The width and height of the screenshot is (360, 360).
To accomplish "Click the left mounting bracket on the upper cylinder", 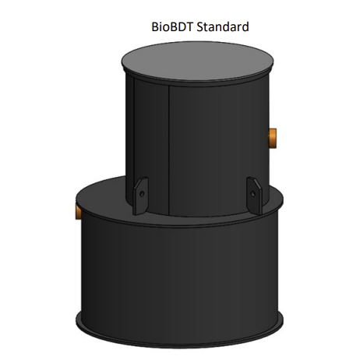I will tap(139, 193).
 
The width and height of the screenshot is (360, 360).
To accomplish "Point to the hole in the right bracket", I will tap(252, 188).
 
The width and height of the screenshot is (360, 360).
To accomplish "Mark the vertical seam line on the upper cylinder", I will tap(170, 148).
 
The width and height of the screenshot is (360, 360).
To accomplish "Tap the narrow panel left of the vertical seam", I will tap(149, 140).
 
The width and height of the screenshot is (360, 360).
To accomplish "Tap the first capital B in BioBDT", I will tap(154, 27).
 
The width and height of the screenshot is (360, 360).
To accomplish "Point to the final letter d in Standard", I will tap(245, 27).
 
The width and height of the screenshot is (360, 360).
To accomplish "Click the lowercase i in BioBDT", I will tap(161, 27).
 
